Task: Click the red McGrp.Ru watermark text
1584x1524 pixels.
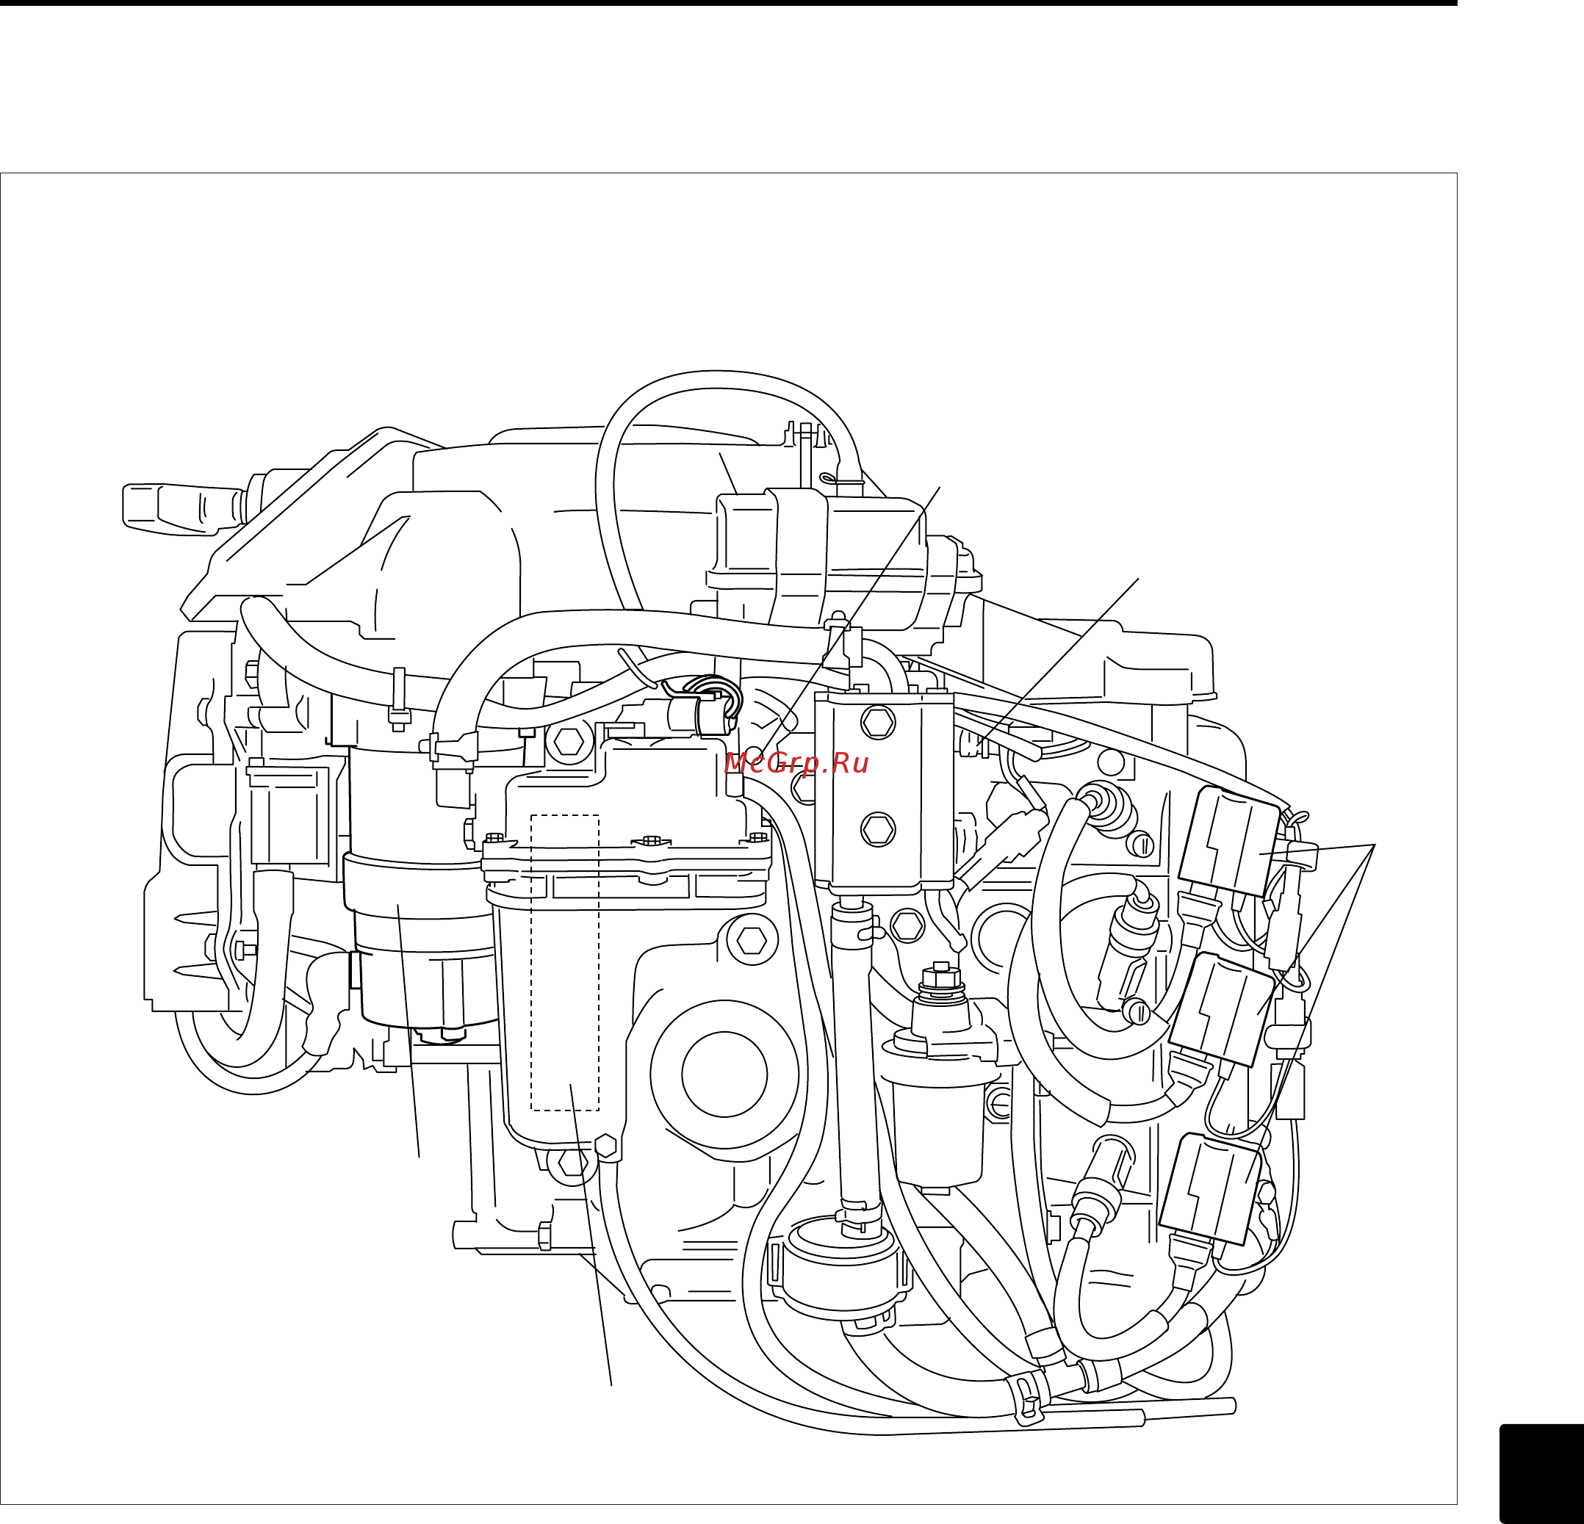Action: (x=796, y=763)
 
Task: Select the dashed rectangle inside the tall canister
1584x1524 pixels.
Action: (x=564, y=962)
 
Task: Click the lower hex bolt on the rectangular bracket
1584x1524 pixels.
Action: (x=878, y=829)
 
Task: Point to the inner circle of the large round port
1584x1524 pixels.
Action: (x=724, y=1074)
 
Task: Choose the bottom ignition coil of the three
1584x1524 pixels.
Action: (x=1209, y=1188)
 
